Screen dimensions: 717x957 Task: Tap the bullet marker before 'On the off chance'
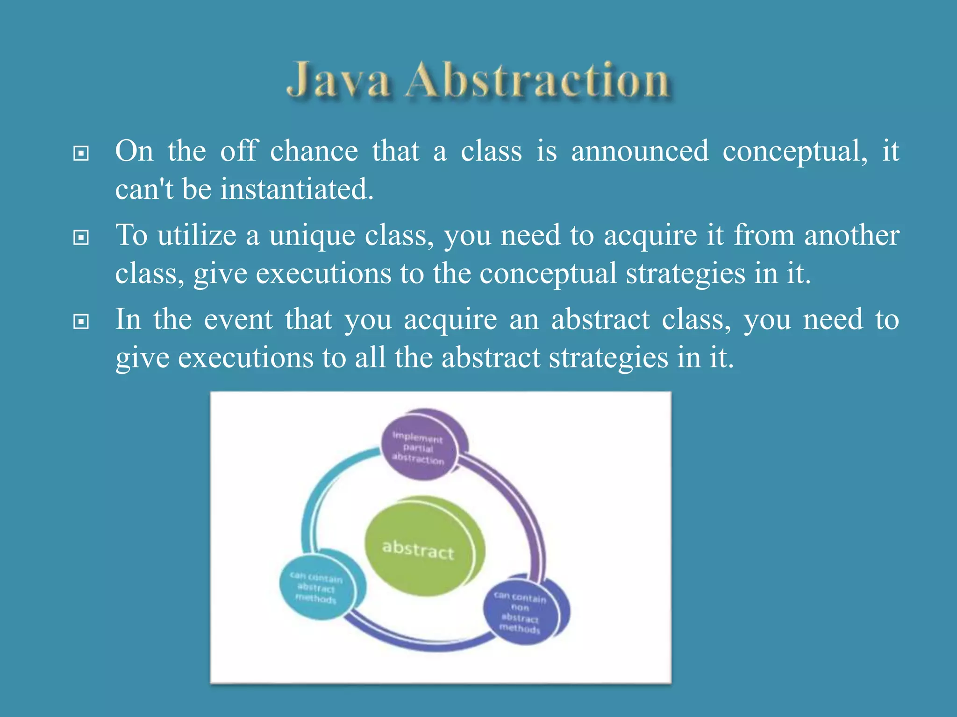(x=81, y=153)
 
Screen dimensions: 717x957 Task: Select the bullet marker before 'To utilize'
(x=81, y=238)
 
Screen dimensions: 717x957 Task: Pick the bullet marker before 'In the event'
(x=81, y=322)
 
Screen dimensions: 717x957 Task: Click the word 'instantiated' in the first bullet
(x=297, y=190)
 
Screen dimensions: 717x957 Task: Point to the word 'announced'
(x=640, y=152)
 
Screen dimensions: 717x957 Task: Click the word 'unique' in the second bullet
(x=312, y=236)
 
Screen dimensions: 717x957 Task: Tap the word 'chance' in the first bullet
(x=314, y=152)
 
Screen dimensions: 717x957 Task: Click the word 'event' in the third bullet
(x=238, y=320)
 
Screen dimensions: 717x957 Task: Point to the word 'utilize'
(x=197, y=236)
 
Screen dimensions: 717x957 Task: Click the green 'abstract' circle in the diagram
(x=419, y=548)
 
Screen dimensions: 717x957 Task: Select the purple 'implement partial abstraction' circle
(x=418, y=447)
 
